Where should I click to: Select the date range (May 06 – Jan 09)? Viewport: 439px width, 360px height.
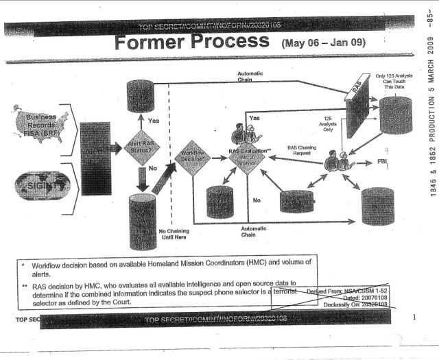(x=324, y=43)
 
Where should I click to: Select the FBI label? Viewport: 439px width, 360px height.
(x=383, y=162)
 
